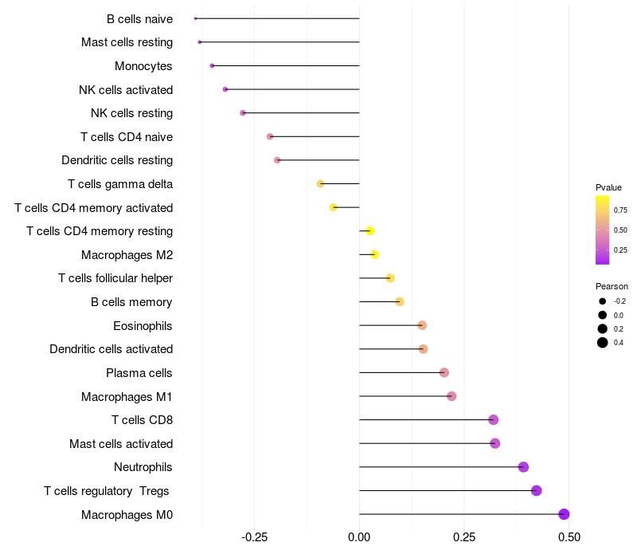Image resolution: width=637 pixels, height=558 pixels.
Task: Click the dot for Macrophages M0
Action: [x=564, y=514]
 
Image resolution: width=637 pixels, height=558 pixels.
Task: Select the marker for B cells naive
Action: [x=195, y=18]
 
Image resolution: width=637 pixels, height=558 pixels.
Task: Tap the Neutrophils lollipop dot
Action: [x=523, y=467]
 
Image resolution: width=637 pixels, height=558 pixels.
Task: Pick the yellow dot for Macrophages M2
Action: [x=374, y=255]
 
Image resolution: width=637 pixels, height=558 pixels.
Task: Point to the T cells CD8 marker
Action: [x=493, y=420]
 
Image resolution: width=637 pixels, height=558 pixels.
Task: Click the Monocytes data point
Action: [x=212, y=65]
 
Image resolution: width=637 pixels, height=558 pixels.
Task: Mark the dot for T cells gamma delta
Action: [x=320, y=184]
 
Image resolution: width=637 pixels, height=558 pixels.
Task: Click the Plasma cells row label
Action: [x=139, y=373]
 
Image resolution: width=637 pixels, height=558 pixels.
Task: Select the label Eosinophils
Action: [x=143, y=326]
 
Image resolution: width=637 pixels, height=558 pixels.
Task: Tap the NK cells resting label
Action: [x=131, y=113]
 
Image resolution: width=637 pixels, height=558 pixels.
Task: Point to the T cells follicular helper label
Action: [x=115, y=278]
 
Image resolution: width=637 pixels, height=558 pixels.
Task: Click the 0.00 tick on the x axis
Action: [x=359, y=537]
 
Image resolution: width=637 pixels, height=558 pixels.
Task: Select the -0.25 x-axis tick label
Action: [x=253, y=537]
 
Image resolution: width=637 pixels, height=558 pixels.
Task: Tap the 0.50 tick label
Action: [x=569, y=537]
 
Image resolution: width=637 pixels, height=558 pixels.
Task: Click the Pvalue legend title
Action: [x=608, y=187]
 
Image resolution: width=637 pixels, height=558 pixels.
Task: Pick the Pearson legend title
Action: [x=612, y=286]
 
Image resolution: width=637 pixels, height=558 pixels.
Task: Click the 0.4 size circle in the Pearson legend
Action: [x=603, y=343]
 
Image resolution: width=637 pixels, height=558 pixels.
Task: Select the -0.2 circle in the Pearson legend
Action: [x=603, y=301]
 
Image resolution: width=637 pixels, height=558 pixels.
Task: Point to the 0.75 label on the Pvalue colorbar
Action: [x=620, y=210]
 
